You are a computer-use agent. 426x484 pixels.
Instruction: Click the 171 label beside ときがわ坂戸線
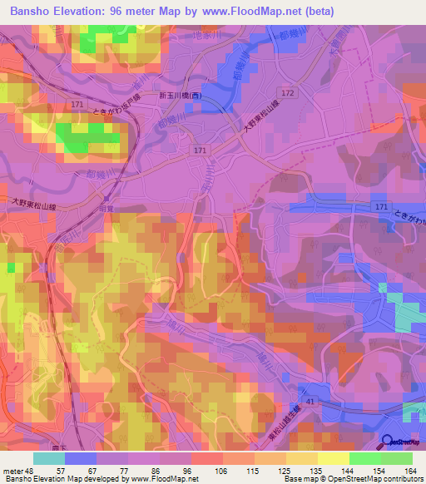pos(77,104)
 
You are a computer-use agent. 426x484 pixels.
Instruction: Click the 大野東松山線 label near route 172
pos(261,120)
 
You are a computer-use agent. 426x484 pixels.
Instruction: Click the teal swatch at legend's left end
pos(49,457)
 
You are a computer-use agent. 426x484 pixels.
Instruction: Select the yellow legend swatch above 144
pos(334,457)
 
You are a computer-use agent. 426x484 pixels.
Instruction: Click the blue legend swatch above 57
pos(81,457)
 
